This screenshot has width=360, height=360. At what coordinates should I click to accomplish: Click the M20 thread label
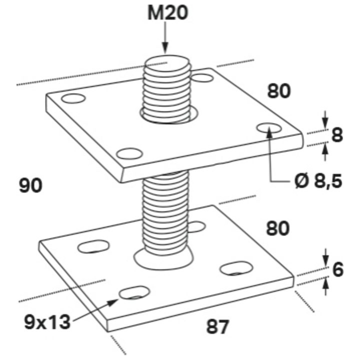[167, 13]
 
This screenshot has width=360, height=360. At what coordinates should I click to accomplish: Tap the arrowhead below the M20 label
[165, 47]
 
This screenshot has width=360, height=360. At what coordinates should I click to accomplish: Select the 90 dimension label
[30, 185]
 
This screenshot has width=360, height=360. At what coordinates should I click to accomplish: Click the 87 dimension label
[217, 327]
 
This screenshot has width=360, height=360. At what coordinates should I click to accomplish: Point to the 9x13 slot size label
[47, 322]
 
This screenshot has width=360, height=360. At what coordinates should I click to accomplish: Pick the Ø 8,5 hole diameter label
[318, 181]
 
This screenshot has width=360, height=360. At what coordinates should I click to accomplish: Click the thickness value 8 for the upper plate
[337, 135]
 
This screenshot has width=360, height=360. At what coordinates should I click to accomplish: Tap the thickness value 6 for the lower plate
[338, 269]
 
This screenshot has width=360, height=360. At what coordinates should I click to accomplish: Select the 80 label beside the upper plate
[279, 91]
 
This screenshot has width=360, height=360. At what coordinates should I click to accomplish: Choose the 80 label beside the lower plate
[278, 228]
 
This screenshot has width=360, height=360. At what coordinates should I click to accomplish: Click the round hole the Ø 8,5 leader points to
[269, 128]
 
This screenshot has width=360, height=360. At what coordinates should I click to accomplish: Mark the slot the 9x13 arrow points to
[134, 292]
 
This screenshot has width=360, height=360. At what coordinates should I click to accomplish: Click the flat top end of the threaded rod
[168, 61]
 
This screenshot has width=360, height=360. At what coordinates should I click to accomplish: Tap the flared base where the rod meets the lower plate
[163, 256]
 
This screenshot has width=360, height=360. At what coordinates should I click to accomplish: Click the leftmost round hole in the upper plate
[73, 98]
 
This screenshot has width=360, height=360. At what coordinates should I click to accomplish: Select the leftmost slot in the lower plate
[93, 246]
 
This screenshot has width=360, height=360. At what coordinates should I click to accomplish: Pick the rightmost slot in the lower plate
[236, 268]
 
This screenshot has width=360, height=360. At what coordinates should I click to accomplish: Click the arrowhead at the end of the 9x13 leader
[113, 302]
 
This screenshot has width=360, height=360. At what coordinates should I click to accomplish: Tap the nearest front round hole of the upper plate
[129, 153]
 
